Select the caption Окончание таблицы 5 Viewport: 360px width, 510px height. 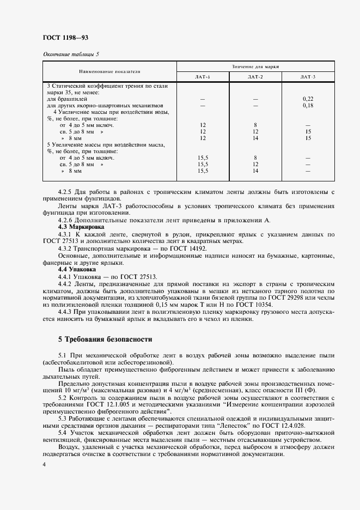tap(71, 54)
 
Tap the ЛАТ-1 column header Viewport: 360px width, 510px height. tap(203, 77)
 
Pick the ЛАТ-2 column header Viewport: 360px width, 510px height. tap(255, 77)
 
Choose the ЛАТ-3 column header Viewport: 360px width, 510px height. tap(308, 77)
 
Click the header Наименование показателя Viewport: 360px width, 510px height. tap(110, 71)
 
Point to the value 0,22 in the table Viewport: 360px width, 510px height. tap(308, 99)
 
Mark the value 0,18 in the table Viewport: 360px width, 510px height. tap(308, 105)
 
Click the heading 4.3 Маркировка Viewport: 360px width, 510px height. tap(77, 226)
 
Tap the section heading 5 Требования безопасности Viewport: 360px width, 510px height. tap(105, 339)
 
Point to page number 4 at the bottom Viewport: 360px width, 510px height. tap(44, 464)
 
